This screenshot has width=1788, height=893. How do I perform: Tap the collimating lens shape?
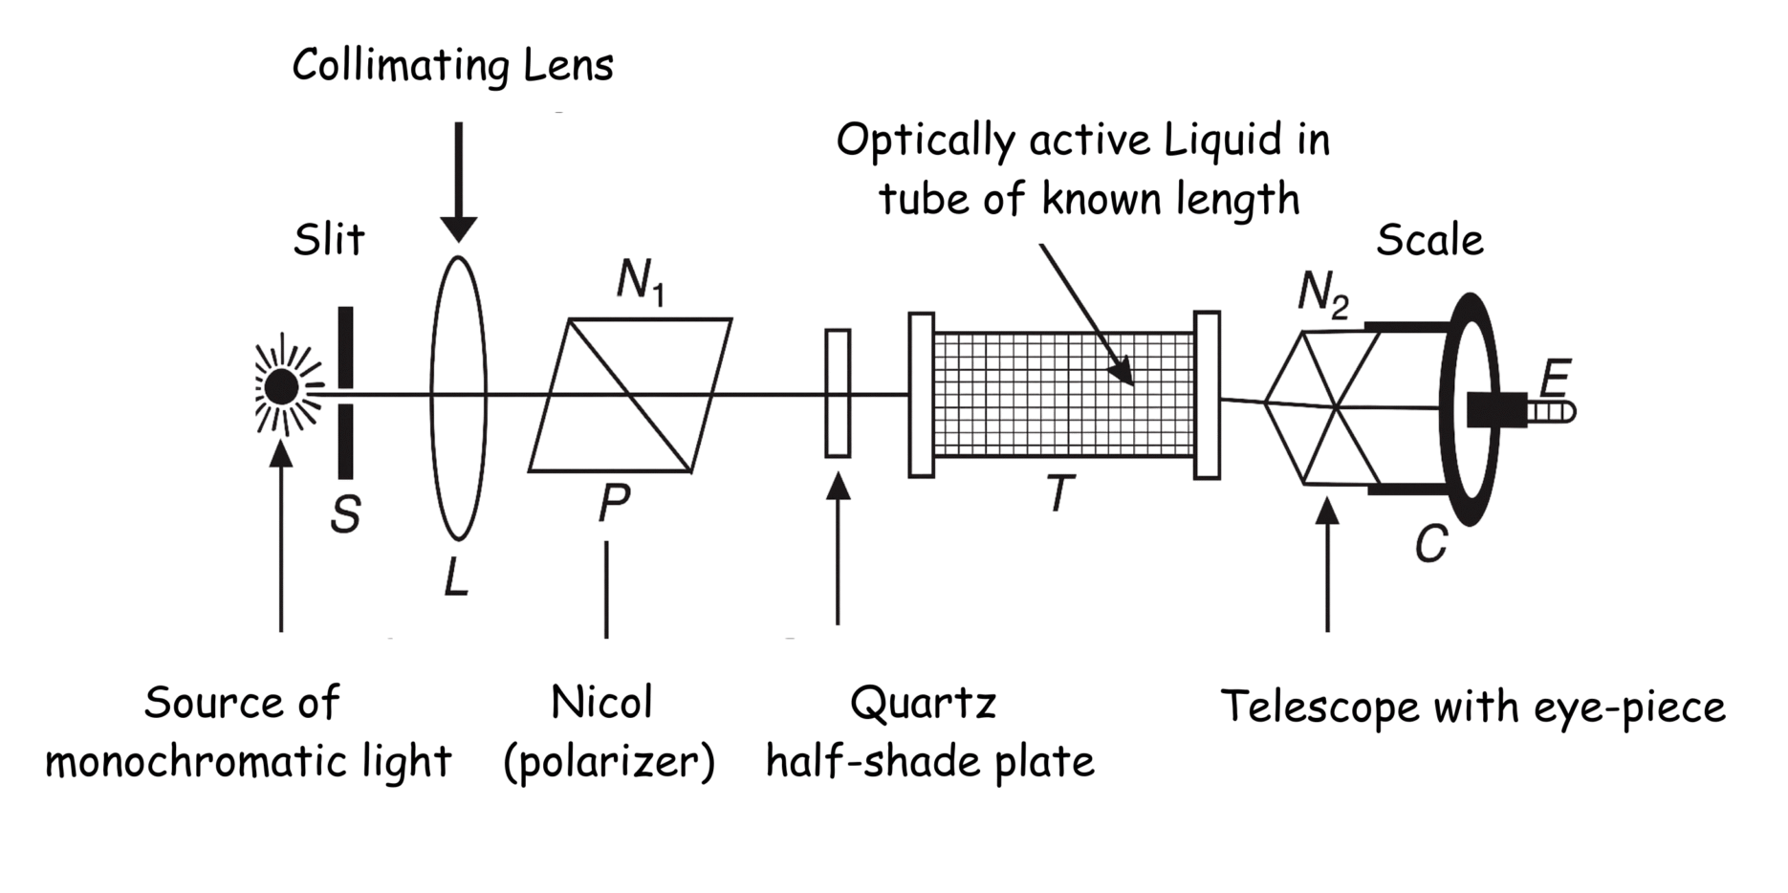[x=458, y=397]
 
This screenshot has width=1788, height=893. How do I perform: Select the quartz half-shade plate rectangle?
[x=838, y=393]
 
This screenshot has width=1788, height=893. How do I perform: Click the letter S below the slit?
[x=345, y=515]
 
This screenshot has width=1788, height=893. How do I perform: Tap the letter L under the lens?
[x=457, y=577]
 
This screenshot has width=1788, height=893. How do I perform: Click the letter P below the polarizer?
[x=614, y=504]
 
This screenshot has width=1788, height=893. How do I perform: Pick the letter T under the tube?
[x=1058, y=494]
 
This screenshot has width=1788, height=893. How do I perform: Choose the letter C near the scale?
[x=1430, y=545]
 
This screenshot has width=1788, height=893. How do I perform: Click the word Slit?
[x=329, y=239]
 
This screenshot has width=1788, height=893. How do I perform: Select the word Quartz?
[x=924, y=705]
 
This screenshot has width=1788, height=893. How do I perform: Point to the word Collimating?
[x=386, y=67]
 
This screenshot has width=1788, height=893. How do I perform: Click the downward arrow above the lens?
[x=459, y=182]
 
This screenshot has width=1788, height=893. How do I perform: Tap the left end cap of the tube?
[x=922, y=394]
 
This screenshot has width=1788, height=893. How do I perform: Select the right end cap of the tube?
[x=1207, y=394]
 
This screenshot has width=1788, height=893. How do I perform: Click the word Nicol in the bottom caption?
[x=601, y=704]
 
